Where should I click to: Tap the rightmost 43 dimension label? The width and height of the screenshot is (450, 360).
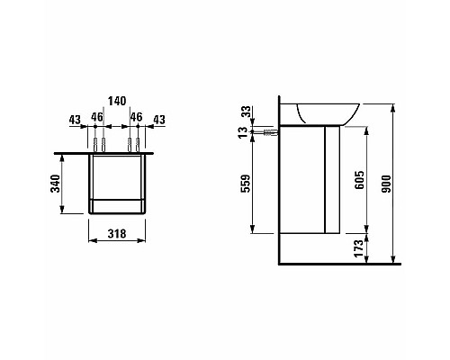(158, 118)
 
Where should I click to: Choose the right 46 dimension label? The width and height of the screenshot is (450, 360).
(137, 118)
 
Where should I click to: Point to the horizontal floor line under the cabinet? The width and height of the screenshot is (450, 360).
(342, 265)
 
